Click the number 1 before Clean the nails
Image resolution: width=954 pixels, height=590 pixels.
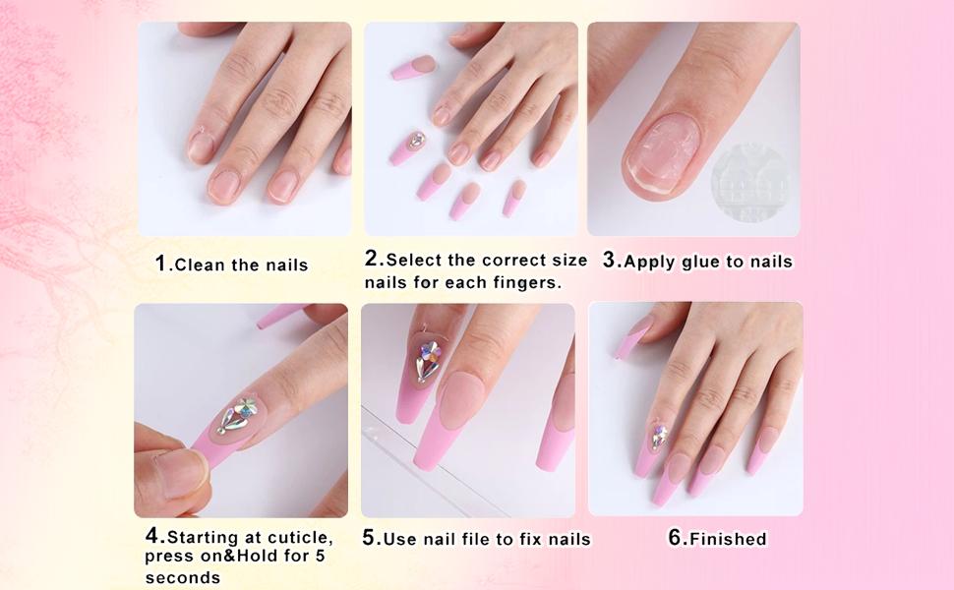tap(161, 264)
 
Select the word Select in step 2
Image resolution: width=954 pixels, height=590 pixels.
tap(415, 261)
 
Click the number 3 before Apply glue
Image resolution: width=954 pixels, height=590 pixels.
tap(609, 261)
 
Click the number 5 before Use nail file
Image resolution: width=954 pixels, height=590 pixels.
tap(370, 538)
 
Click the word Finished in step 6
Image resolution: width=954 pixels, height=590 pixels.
tap(728, 539)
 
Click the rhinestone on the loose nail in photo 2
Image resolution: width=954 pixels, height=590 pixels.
tap(415, 141)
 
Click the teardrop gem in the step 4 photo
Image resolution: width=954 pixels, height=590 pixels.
tap(235, 417)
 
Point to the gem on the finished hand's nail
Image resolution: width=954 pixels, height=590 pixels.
tap(658, 436)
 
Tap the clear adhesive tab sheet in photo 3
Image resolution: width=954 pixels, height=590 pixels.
tap(751, 183)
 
